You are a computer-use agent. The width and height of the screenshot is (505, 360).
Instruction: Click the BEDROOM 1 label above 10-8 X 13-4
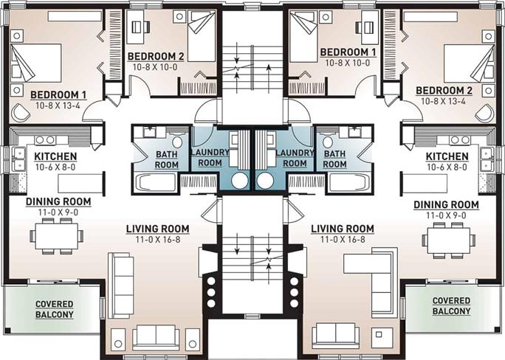pos(58,95)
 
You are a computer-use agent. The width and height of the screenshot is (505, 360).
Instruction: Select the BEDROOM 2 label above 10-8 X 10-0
pos(156,56)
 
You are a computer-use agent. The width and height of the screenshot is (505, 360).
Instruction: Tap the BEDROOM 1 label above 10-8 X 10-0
pos(348,52)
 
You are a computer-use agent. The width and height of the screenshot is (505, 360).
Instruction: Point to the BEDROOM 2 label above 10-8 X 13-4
pos(444,91)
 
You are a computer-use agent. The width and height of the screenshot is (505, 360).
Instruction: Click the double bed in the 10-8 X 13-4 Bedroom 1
pos(36,63)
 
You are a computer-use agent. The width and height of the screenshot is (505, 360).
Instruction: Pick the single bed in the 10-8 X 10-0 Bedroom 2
pos(202,35)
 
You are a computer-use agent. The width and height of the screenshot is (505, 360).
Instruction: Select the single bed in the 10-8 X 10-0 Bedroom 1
pos(303,36)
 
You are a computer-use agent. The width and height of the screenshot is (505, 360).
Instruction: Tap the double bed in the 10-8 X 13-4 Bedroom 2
pos(469,63)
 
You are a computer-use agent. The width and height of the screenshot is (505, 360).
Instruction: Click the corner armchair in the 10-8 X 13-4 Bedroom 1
pos(20,112)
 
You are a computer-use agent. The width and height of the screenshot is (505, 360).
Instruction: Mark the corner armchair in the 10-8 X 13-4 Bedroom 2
pos(484,113)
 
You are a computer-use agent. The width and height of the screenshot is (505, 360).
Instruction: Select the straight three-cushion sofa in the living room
pos(120,285)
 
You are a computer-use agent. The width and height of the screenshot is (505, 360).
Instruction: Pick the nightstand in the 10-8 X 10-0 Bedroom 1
pos(326,17)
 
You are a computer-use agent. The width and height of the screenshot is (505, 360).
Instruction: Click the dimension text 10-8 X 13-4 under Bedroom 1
pos(58,105)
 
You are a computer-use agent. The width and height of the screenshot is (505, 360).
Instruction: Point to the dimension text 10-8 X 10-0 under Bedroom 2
pos(155,67)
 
